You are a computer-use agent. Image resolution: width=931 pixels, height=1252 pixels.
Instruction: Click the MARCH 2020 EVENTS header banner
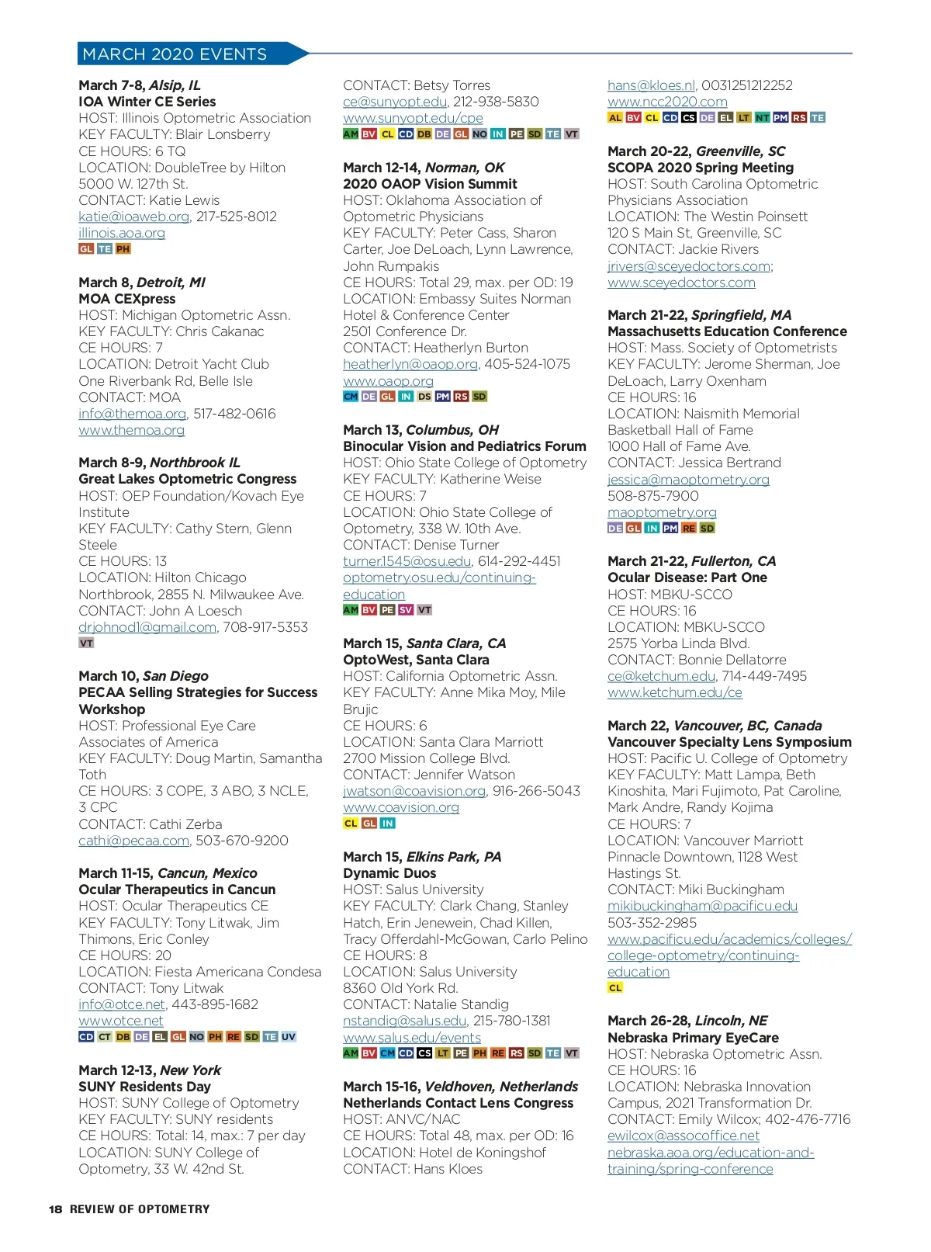tap(175, 54)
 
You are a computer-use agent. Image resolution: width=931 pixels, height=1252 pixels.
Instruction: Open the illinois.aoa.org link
tap(122, 233)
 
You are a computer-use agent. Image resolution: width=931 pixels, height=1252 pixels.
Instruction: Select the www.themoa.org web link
tap(132, 430)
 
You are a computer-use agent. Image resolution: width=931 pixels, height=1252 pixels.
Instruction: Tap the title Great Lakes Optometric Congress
tap(188, 479)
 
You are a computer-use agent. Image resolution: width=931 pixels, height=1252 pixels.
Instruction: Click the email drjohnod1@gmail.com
tap(147, 627)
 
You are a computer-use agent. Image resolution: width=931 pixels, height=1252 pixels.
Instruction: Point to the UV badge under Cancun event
tap(289, 1037)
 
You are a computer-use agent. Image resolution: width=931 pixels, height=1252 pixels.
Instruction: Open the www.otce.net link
tap(121, 1021)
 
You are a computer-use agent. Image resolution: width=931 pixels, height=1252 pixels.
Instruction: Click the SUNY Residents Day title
tap(145, 1087)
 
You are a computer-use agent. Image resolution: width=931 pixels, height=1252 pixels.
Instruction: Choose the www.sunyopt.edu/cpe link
tap(413, 118)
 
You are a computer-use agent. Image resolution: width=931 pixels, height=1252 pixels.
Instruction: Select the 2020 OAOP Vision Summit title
tap(430, 184)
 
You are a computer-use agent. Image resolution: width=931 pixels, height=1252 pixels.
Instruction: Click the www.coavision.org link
tap(401, 807)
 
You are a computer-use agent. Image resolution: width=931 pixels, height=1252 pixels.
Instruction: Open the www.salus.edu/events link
tap(412, 1038)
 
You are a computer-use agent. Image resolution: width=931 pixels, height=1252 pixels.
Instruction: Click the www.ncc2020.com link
tap(667, 102)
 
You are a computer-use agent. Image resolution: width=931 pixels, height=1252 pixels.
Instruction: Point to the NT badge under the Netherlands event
tap(763, 118)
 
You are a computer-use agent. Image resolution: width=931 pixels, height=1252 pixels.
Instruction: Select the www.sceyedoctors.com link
tap(681, 283)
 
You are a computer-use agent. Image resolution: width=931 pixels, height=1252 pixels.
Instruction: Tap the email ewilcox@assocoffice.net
tap(684, 1136)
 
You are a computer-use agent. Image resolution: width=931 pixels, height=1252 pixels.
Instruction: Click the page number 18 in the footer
tap(56, 1209)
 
